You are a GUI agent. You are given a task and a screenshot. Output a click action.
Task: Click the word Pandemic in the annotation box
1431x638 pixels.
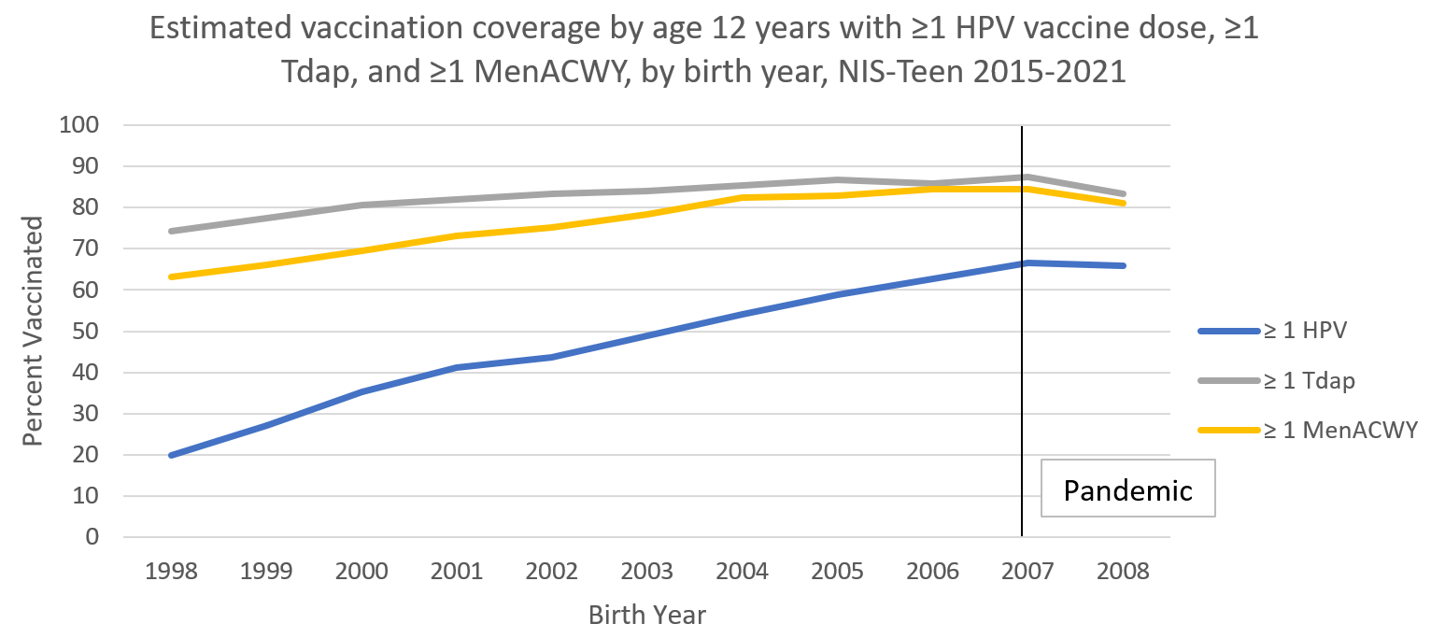(x=1128, y=489)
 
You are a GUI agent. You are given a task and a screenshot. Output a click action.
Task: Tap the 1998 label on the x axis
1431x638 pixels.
(x=171, y=572)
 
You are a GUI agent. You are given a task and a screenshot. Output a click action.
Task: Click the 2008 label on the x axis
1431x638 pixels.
(x=1124, y=572)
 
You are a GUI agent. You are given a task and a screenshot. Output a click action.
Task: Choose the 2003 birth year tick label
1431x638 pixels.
(x=647, y=572)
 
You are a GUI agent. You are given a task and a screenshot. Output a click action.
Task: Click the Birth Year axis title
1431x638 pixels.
(x=647, y=616)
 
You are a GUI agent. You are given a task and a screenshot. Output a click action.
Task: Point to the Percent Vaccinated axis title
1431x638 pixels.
(x=34, y=331)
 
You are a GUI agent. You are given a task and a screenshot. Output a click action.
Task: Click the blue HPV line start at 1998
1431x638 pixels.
(x=172, y=455)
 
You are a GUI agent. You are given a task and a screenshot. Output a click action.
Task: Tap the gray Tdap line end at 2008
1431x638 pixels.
(x=1124, y=194)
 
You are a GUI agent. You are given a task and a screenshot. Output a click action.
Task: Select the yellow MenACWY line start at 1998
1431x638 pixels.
(x=172, y=276)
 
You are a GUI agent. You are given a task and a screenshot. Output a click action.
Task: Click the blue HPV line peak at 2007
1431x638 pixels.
(x=1027, y=263)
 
